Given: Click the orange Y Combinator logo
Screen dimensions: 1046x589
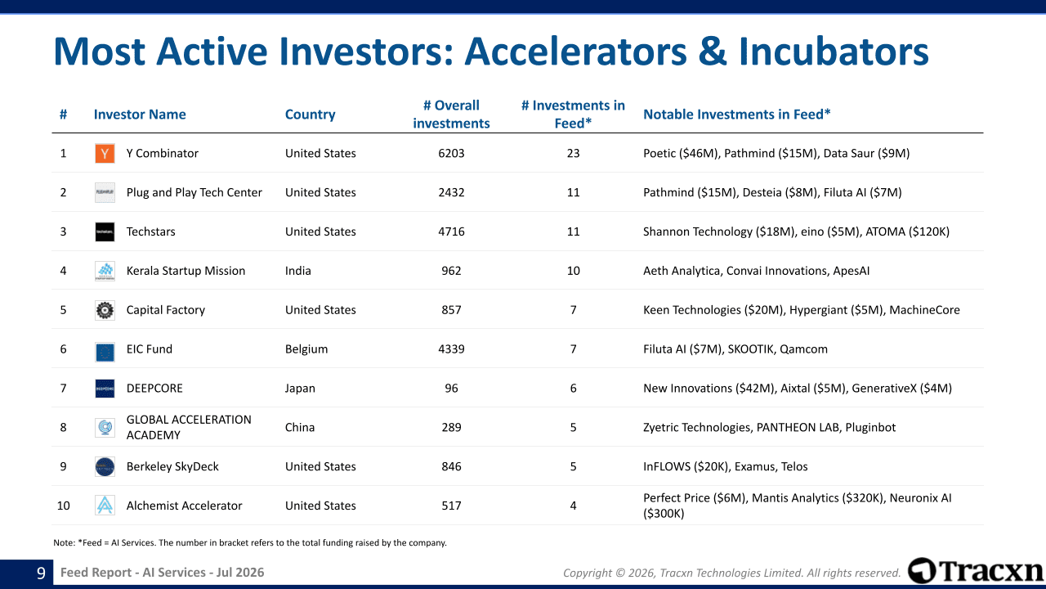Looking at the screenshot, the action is [105, 153].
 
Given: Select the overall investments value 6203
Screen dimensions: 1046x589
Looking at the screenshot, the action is [451, 153].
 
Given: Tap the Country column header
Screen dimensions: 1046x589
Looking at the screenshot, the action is [310, 115].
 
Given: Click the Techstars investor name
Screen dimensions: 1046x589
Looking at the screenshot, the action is [151, 232].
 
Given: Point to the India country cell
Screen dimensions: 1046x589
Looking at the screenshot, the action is [298, 271].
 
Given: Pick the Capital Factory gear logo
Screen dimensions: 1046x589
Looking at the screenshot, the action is [105, 310].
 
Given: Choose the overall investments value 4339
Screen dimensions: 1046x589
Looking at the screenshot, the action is [451, 349].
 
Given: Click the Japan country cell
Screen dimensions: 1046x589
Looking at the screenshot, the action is [300, 389].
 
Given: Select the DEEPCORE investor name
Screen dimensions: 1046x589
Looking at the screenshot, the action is [154, 389].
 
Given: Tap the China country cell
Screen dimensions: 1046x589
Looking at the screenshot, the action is [300, 427].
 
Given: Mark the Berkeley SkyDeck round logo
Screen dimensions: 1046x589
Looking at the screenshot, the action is [105, 466].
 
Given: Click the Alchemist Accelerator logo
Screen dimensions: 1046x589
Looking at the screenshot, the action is [105, 506].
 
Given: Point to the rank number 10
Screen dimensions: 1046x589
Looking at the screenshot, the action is [63, 506].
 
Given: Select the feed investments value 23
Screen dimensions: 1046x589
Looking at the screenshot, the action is [573, 153].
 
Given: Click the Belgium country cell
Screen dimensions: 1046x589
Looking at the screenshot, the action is [306, 349].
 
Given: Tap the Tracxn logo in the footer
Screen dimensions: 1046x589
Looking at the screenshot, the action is [975, 571].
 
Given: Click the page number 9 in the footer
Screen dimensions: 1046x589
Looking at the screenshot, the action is [41, 573].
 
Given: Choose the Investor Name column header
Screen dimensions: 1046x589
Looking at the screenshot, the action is [140, 115].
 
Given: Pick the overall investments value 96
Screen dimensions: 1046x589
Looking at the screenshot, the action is [451, 389].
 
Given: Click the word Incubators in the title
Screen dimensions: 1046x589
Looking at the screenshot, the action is [834, 52].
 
